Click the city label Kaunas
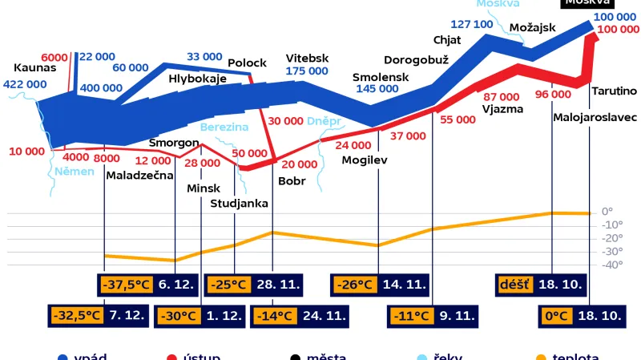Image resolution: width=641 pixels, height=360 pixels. (35, 67)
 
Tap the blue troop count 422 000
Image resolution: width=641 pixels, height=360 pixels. (24, 84)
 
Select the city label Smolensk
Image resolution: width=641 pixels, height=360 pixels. (381, 77)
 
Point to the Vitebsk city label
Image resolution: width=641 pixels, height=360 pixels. (308, 58)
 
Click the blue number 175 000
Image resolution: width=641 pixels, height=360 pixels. (307, 71)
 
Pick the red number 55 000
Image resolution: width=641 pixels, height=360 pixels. (457, 119)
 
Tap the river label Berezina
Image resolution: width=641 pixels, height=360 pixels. (224, 127)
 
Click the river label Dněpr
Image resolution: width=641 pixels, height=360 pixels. (325, 120)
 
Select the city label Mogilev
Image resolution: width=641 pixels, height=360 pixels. (365, 159)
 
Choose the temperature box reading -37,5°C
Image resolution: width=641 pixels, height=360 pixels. (127, 284)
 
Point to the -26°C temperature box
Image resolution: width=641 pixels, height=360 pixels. (356, 284)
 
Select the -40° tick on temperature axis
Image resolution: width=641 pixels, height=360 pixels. (612, 265)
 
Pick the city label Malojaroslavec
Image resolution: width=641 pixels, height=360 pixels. (595, 117)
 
